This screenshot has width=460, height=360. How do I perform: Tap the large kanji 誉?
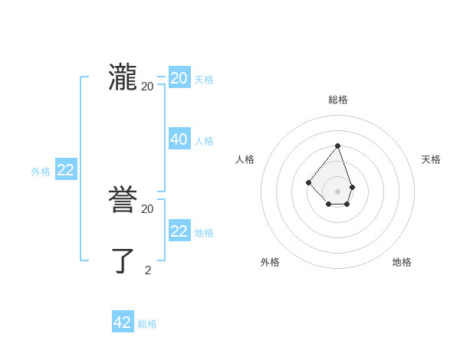[123, 200]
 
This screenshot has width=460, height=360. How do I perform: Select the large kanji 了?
[123, 260]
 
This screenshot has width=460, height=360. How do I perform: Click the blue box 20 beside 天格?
[179, 78]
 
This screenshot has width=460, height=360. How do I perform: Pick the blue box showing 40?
[179, 139]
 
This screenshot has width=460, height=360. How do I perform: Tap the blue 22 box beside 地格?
[179, 231]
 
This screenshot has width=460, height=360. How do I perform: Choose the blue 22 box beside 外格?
[66, 170]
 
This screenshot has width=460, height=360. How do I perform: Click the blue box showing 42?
[123, 322]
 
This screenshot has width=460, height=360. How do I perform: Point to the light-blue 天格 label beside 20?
[204, 80]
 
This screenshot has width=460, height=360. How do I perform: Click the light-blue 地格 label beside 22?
[204, 233]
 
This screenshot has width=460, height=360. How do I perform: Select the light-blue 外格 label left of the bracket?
[41, 172]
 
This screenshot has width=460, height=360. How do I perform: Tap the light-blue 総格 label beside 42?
[147, 324]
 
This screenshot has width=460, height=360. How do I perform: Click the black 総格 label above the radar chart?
[338, 100]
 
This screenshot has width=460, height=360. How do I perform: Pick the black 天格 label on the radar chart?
[431, 159]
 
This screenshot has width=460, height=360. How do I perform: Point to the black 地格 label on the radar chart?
[402, 262]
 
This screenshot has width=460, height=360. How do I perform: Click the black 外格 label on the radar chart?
[270, 262]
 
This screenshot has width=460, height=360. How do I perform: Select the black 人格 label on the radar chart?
[245, 159]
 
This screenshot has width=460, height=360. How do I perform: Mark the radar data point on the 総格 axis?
[337, 146]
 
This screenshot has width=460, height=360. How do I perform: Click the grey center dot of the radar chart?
[337, 191]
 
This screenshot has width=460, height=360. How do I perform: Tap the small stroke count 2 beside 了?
[148, 270]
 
